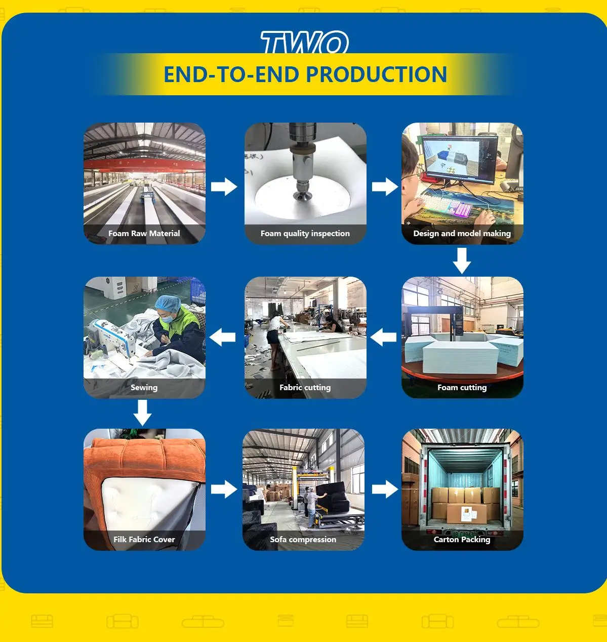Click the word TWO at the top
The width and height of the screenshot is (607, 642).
[304, 42]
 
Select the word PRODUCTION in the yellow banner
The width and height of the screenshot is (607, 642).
[377, 74]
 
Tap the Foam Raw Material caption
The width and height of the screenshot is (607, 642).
[144, 234]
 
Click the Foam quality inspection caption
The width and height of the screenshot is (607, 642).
[305, 234]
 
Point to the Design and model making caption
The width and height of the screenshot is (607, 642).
[462, 234]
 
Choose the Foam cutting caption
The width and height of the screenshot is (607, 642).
[462, 388]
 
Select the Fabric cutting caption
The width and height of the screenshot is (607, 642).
[305, 388]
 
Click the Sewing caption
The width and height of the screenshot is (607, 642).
[144, 388]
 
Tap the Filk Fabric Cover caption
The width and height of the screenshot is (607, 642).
[144, 540]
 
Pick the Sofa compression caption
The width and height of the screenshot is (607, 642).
[303, 540]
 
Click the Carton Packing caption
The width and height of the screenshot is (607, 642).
[462, 540]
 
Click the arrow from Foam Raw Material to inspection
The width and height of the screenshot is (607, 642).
[224, 187]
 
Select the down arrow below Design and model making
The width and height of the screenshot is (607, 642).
[462, 260]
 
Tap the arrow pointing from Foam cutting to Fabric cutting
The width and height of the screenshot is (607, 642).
[383, 337]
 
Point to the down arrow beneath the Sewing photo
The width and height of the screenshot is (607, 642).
[143, 413]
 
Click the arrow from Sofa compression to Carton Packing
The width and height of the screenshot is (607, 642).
[385, 489]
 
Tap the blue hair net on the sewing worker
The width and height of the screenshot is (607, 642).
[168, 303]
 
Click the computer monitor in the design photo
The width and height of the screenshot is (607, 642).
[460, 160]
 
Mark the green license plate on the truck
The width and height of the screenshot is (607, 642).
[465, 534]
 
